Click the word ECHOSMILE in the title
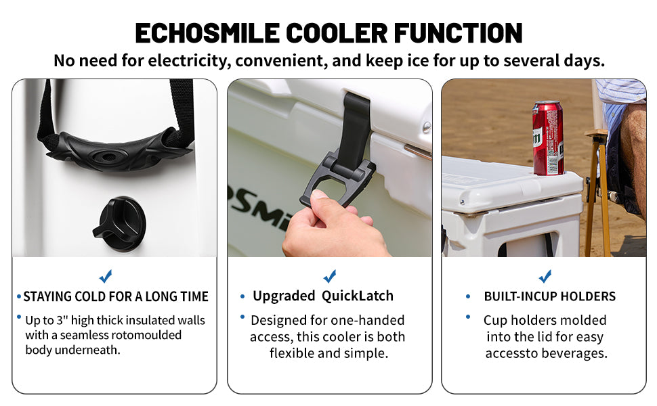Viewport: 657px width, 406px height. [x=207, y=33]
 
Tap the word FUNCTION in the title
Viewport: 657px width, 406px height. [x=458, y=33]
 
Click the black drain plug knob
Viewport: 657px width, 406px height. [x=120, y=224]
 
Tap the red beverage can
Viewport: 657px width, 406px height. [x=548, y=137]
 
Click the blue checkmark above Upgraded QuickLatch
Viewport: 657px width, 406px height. [x=330, y=276]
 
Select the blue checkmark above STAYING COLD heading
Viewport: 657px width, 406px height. [x=106, y=276]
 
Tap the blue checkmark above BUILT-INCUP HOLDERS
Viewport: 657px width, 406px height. [x=545, y=276]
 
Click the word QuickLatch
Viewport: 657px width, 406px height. [x=358, y=296]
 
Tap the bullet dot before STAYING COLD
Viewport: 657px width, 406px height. [x=19, y=297]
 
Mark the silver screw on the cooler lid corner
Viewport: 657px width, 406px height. [x=427, y=127]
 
